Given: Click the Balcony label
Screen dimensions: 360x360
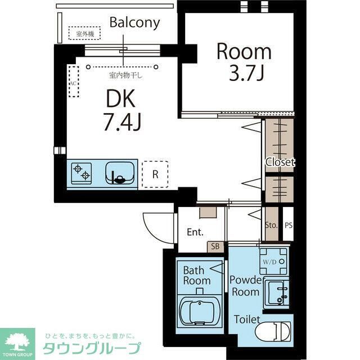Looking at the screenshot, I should tap(134, 23).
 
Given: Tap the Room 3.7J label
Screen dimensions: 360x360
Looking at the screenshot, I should tap(244, 62).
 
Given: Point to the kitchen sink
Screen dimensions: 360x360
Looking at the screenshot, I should tap(120, 172).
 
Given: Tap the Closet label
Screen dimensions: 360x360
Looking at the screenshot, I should tap(280, 162).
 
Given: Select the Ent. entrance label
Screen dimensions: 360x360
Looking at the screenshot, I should tap(195, 232).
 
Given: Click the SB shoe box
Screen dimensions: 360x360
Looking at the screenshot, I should tap(215, 246).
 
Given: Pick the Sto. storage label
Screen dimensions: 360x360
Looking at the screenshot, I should tap(271, 225).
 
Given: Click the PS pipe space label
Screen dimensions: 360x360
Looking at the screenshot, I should tap(289, 225).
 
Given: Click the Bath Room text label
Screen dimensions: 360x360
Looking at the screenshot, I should tap(196, 276).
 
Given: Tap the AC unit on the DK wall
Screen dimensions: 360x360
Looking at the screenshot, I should tap(73, 82).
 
